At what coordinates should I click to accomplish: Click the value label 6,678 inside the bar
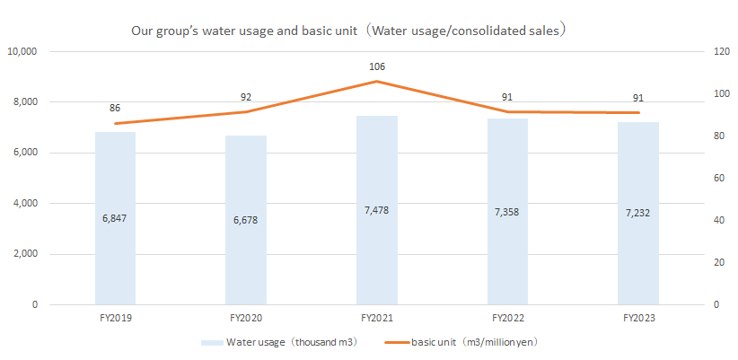[246, 219]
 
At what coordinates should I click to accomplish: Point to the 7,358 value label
[508, 212]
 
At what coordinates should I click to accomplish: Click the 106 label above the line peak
[377, 66]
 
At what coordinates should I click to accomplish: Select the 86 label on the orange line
[115, 108]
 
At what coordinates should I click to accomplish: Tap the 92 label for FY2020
[246, 96]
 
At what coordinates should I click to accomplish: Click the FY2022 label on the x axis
[508, 318]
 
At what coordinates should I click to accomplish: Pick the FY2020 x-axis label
[246, 318]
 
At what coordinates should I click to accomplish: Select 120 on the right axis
[697, 51]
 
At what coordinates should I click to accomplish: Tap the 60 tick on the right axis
[694, 178]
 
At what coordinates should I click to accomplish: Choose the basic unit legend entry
[462, 342]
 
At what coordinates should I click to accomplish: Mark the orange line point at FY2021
[377, 82]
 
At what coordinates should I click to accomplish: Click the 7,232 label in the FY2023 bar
[638, 214]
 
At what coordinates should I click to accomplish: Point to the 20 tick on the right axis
[694, 262]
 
